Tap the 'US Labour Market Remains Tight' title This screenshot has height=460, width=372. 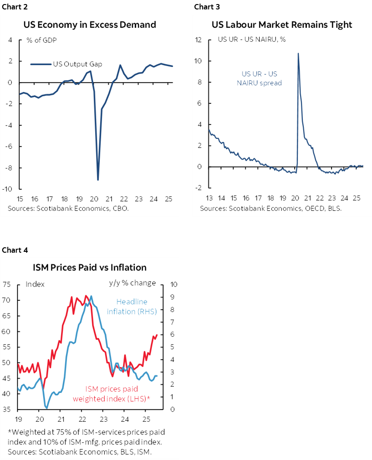click(282, 24)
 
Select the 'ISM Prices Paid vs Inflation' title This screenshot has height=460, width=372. click(90, 267)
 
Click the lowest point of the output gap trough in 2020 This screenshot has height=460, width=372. click(98, 180)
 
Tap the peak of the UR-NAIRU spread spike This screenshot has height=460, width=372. click(298, 54)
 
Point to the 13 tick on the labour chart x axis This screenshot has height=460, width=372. click(210, 198)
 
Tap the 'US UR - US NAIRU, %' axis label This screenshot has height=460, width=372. click(252, 39)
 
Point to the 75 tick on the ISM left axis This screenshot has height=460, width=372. click(6, 284)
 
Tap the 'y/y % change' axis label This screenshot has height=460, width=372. click(132, 283)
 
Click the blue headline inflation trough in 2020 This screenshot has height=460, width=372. click(46, 408)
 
